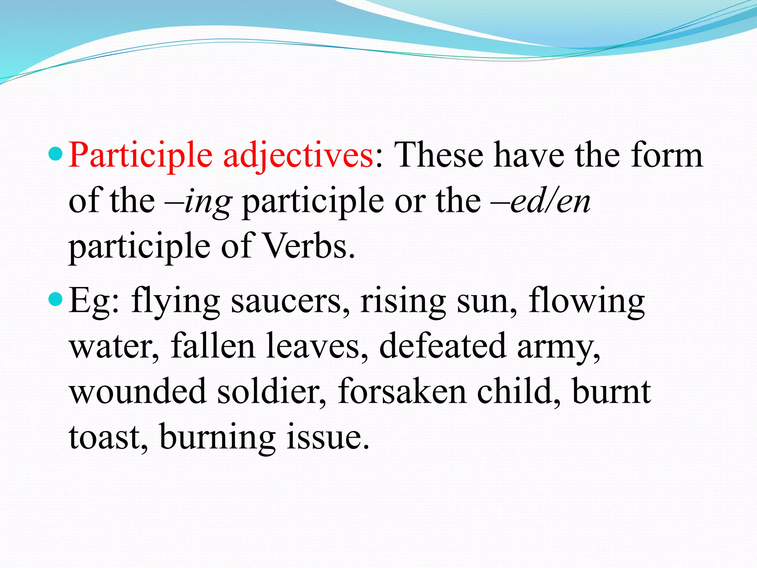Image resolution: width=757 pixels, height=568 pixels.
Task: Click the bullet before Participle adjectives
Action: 56,153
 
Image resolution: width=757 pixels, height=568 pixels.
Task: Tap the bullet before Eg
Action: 56,299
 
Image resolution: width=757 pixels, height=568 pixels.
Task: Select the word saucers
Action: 290,301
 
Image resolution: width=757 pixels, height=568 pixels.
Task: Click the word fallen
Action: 213,346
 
